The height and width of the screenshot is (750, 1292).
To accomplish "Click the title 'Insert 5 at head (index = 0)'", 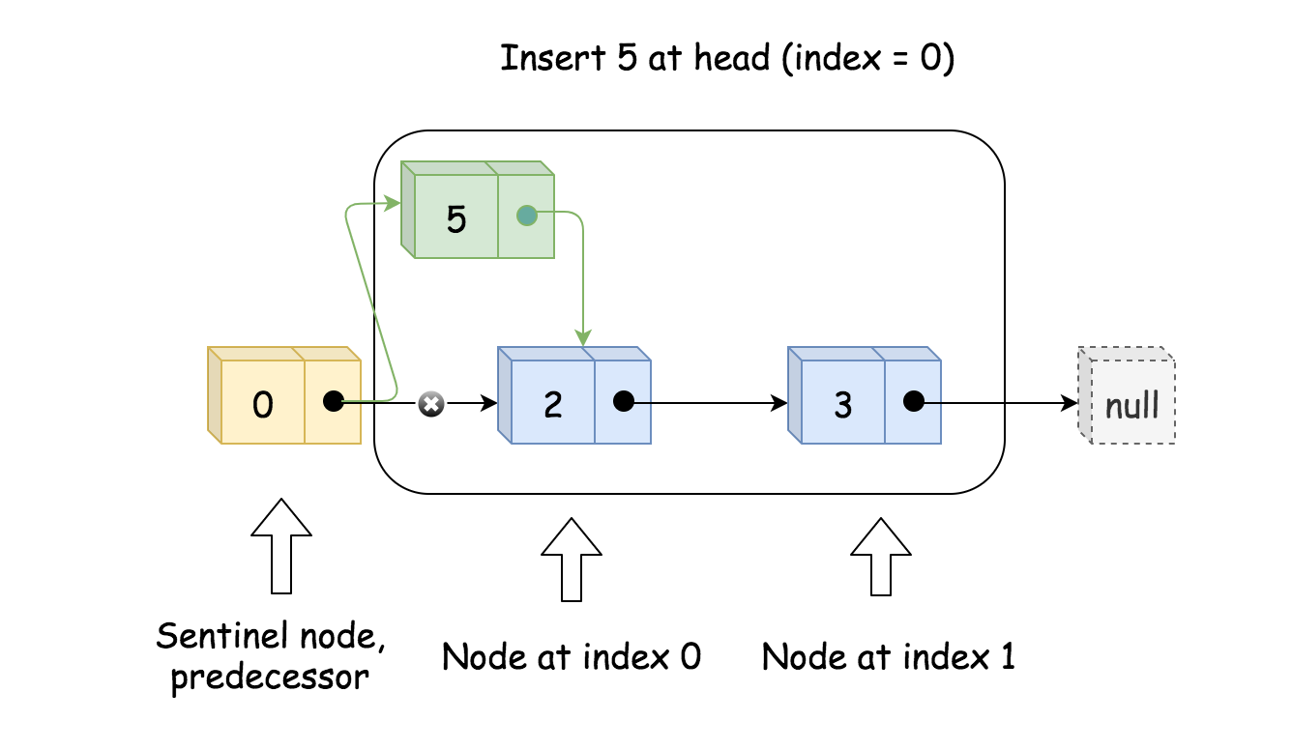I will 727,58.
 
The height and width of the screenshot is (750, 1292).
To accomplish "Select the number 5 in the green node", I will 455,219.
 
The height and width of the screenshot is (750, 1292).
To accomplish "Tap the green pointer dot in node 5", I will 526,216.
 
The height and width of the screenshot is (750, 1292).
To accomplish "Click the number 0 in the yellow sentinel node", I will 262,404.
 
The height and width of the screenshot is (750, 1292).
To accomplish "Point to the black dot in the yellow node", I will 334,401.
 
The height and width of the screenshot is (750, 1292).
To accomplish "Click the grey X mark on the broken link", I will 431,404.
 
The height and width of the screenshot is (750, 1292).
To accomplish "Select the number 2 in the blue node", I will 552,404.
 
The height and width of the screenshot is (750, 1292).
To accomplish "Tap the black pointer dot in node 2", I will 624,401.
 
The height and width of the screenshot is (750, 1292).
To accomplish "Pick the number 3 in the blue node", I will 842,404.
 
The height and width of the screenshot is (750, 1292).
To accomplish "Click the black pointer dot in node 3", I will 914,401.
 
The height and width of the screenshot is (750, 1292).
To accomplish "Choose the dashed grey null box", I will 1128,396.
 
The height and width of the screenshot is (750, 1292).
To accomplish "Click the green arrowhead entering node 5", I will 392,203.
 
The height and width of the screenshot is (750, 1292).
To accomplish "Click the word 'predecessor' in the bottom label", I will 270,677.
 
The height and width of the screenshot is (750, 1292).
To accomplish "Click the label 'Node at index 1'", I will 888,657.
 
